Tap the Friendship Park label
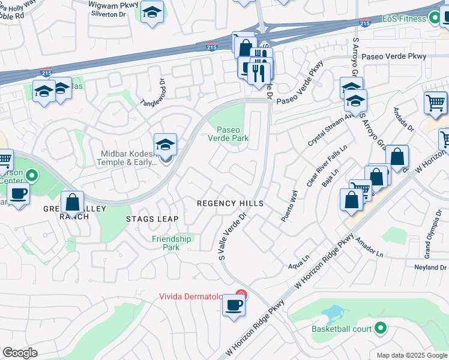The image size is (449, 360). pos(171,243)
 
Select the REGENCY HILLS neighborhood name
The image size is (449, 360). pos(231,204)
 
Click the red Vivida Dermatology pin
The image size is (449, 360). pos(241,295)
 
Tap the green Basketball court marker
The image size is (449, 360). pos(379,328)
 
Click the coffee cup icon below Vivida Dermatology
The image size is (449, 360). pos(233,305)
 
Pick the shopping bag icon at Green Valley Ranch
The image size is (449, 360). pos(72,202)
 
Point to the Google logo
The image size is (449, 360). pos(20,353)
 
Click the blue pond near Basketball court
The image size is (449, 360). pos(334,313)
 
